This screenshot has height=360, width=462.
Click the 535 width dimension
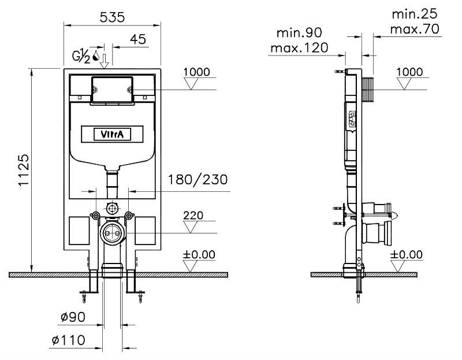click(x=112, y=17)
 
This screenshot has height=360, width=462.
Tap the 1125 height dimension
click(x=24, y=170)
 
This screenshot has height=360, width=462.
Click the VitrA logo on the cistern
click(x=112, y=135)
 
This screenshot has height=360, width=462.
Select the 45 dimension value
click(x=138, y=39)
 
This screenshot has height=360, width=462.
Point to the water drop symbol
click(x=95, y=55)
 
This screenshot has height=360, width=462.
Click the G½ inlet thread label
click(x=81, y=57)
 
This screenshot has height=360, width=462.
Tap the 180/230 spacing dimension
click(x=198, y=180)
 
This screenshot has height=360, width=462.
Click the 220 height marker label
click(x=193, y=215)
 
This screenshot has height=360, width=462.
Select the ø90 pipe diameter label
click(x=73, y=317)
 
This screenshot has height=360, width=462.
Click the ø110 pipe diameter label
click(x=68, y=340)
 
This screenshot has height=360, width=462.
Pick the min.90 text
click(x=299, y=33)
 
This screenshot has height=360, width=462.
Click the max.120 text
click(x=299, y=48)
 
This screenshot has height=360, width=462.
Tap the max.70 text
click(x=415, y=29)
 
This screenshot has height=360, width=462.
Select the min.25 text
click(x=415, y=14)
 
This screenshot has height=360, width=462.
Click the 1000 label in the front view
click(x=197, y=72)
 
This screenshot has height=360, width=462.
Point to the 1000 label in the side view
click(x=409, y=72)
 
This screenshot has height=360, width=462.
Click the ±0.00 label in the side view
click(x=407, y=254)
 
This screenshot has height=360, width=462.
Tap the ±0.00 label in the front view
click(x=199, y=254)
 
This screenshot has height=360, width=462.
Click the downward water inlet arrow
click(x=105, y=61)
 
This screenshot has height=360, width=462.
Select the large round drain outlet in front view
click(x=112, y=233)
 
